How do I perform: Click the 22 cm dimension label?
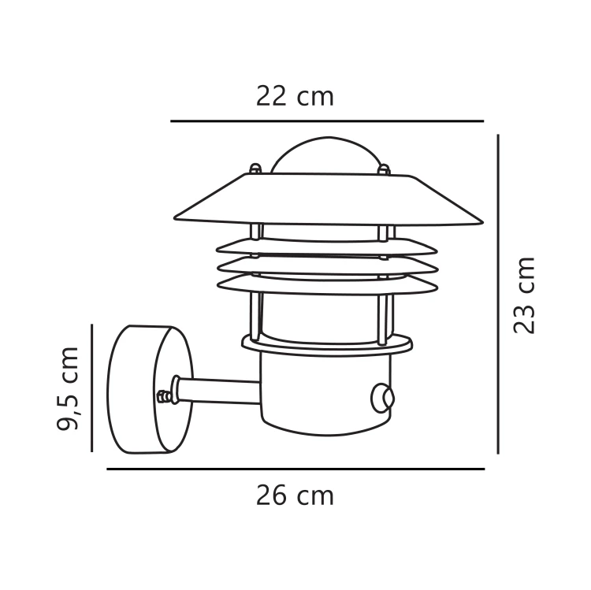(x=295, y=96)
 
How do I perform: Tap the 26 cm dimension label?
(x=295, y=495)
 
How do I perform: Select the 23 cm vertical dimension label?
(x=524, y=295)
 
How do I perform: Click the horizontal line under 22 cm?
(x=326, y=121)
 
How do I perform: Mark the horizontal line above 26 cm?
(x=295, y=469)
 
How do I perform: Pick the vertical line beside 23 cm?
(x=498, y=294)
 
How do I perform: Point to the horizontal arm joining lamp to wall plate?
(x=221, y=390)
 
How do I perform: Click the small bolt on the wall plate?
(x=164, y=397)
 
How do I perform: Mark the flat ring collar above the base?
(x=326, y=345)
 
